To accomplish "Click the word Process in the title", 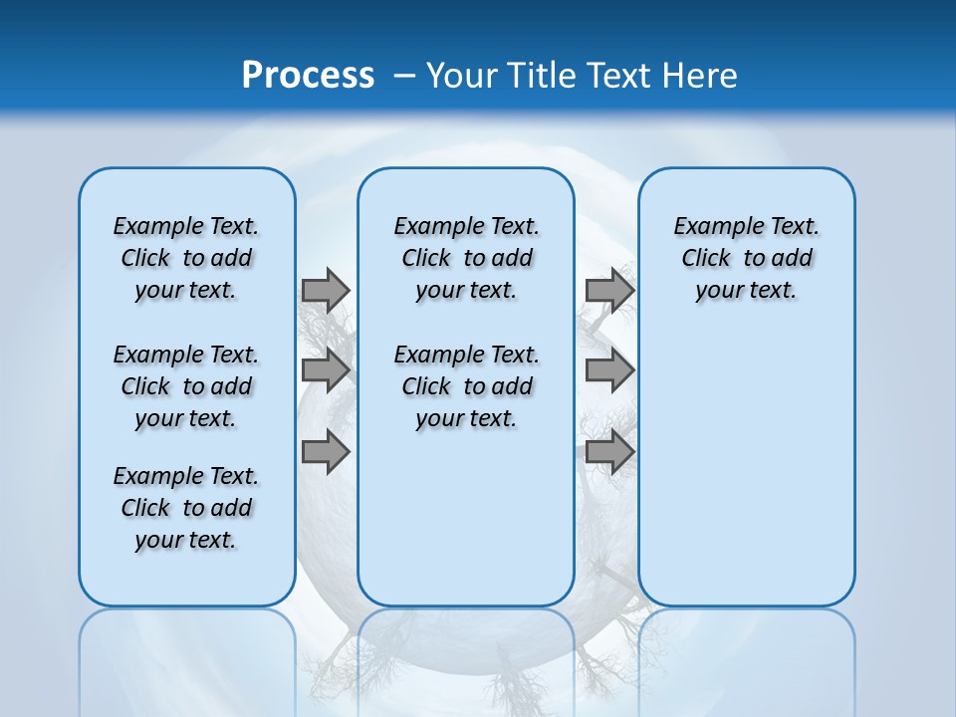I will [x=308, y=75].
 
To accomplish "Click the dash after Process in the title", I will [x=404, y=76].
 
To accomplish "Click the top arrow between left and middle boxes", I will [x=326, y=290].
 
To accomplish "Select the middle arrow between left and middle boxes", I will [x=326, y=370].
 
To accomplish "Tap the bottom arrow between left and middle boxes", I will [x=326, y=452].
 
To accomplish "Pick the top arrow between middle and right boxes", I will [x=609, y=290].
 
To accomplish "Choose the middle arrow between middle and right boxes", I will [x=609, y=370].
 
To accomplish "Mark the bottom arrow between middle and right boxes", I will [x=609, y=452].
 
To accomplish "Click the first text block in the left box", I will [x=186, y=258].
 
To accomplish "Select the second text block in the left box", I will [x=186, y=386].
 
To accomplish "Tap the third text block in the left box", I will [x=186, y=508].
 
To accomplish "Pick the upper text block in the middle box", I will [x=466, y=258].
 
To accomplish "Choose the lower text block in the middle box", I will [x=466, y=386].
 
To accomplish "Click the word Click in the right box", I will [x=706, y=258].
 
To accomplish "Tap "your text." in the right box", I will [x=746, y=290].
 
